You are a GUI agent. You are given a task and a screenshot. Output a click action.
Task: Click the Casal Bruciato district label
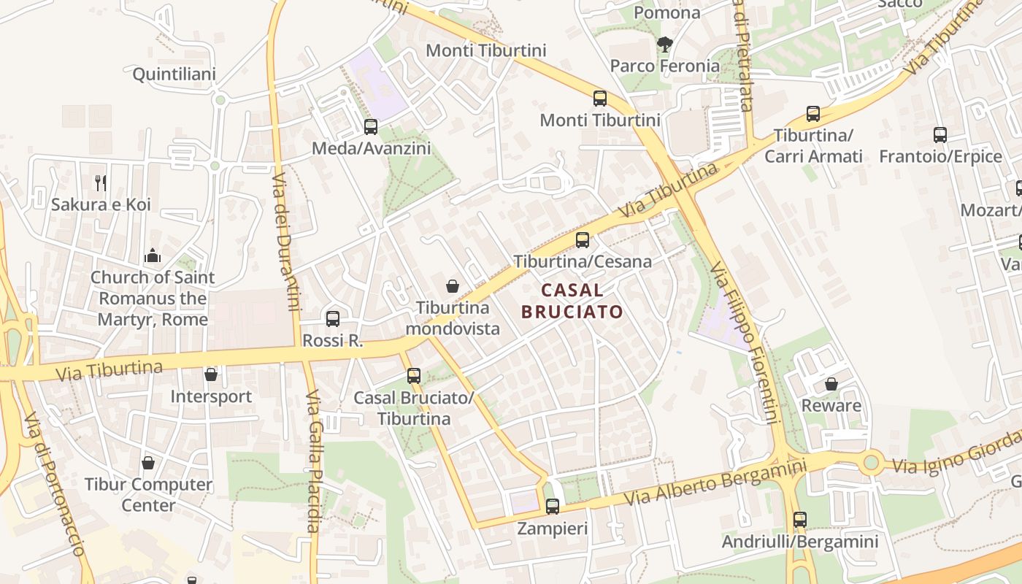(572, 301)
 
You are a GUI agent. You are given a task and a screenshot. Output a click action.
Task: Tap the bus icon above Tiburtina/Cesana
(582, 239)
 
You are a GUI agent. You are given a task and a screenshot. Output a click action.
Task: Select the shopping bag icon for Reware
(831, 384)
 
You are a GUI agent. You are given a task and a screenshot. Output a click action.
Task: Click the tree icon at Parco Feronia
(664, 45)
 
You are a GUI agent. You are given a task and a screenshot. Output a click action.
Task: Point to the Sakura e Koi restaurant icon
(101, 182)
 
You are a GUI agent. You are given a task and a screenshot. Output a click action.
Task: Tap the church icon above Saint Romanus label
(153, 255)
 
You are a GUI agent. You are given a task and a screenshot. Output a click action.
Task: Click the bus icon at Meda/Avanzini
(371, 127)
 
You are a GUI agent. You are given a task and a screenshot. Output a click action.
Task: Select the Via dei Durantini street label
(285, 242)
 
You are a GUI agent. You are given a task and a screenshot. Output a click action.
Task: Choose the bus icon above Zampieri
(553, 506)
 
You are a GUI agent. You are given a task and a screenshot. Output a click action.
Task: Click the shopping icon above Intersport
(211, 374)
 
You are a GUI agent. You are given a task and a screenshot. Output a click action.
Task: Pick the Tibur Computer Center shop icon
(148, 463)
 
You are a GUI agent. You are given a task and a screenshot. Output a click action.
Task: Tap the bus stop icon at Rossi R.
(333, 318)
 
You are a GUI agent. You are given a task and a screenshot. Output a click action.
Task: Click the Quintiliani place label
(174, 74)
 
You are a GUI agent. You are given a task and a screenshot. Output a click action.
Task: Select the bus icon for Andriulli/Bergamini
(800, 520)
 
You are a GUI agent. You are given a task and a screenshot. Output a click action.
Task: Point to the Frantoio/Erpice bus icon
(940, 135)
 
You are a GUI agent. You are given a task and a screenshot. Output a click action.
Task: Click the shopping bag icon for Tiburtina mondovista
(453, 285)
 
